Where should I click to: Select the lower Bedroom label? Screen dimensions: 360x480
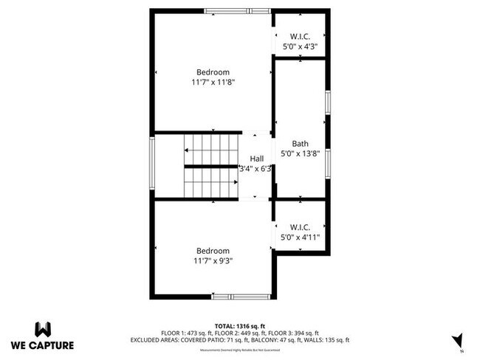click(213, 251)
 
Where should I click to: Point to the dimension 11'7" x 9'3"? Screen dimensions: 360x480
click(213, 261)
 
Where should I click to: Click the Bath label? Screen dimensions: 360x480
click(300, 144)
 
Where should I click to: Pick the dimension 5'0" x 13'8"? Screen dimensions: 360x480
click(300, 154)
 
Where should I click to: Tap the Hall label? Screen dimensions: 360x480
click(256, 159)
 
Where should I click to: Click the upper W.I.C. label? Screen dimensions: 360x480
click(300, 36)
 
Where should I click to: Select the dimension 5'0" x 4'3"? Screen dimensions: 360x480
click(300, 46)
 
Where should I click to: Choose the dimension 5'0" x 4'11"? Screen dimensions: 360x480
click(300, 238)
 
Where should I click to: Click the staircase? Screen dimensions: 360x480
click(211, 166)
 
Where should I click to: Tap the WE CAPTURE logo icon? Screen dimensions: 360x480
click(43, 328)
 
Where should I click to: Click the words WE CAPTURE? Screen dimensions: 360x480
click(43, 345)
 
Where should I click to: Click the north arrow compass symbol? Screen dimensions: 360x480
click(457, 340)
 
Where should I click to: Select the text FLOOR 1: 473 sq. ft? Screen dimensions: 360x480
click(182, 333)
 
